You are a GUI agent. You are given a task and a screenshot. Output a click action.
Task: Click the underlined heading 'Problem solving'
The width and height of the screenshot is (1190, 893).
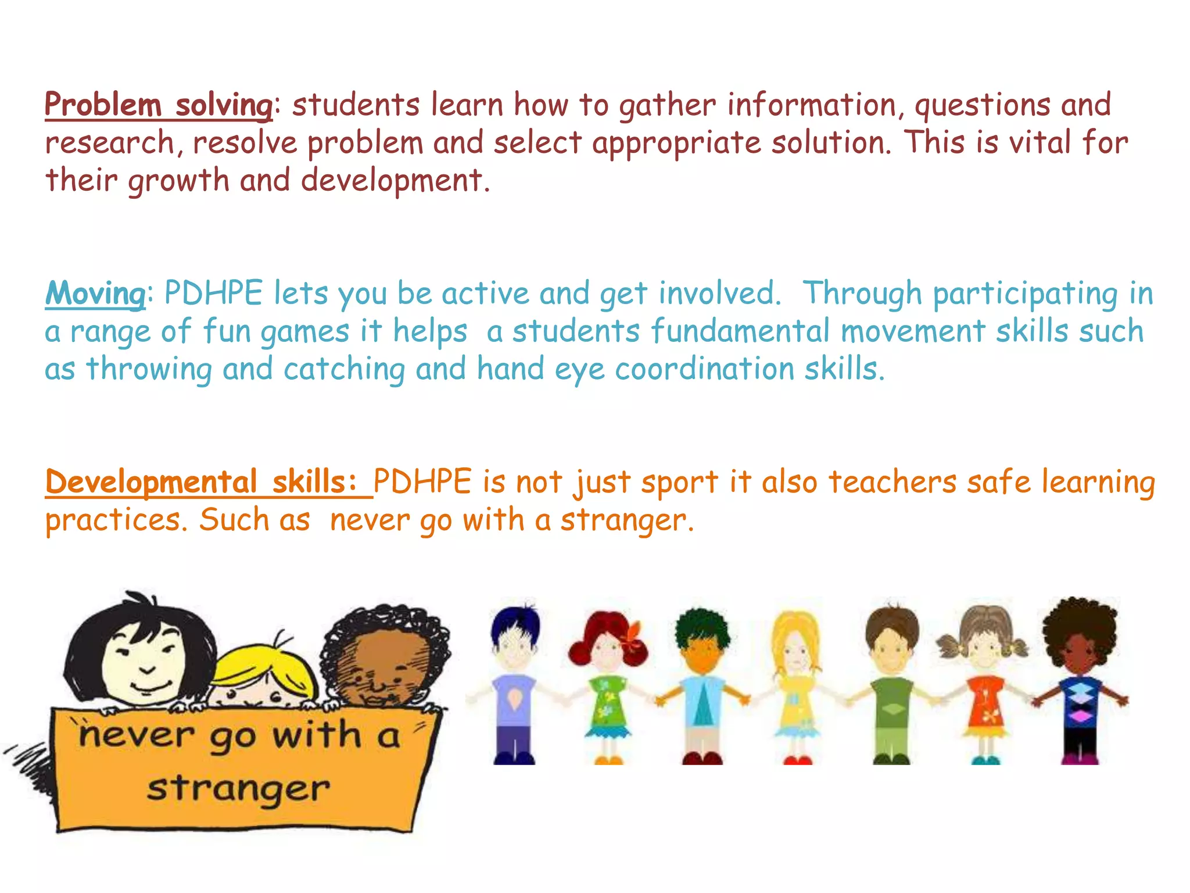158,106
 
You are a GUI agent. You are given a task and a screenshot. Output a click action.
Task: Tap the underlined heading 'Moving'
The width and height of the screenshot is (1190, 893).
95,294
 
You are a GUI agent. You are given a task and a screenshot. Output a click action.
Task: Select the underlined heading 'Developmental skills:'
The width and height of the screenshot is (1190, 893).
208,483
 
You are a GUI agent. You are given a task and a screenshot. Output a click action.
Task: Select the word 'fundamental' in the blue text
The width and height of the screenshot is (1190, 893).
740,331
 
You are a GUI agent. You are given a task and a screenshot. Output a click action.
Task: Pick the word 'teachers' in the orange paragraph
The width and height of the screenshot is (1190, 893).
892,483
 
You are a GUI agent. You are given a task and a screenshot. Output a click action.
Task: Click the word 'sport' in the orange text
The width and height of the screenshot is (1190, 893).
680,483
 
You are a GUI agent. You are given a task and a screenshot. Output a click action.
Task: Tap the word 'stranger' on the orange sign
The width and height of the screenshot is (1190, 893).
238,790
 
